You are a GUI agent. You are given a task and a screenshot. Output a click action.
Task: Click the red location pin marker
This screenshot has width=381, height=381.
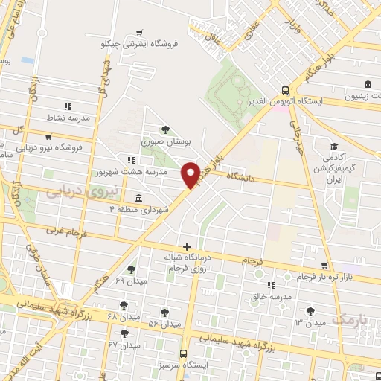[x=191, y=174]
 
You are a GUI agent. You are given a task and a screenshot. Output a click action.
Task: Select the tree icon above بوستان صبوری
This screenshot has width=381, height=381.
[x=165, y=129]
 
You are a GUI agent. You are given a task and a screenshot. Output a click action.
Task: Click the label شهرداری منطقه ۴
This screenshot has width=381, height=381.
[x=144, y=210]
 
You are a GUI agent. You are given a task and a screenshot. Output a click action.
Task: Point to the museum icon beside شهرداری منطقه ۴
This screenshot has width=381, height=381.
[x=139, y=197]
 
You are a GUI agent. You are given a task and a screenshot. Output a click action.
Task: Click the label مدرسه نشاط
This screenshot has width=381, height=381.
[x=68, y=118]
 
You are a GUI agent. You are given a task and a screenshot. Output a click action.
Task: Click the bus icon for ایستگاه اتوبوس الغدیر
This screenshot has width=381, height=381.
[x=286, y=89]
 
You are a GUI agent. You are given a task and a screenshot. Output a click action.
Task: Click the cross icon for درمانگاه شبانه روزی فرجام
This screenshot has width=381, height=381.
[x=187, y=246]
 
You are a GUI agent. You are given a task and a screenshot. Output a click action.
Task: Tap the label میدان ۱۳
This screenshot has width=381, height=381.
[x=310, y=323]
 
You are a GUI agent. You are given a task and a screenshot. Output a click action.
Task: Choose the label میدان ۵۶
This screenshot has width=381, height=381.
[x=164, y=324]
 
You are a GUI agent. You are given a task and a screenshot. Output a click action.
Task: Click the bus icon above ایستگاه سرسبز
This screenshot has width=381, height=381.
[x=183, y=354]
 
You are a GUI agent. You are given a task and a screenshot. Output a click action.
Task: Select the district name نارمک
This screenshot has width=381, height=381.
[x=349, y=318]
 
